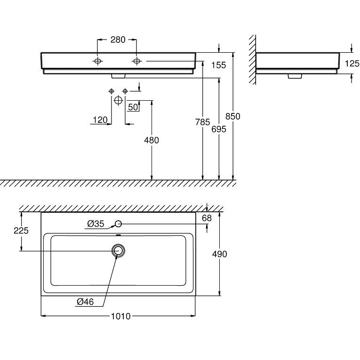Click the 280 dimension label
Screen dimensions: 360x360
[118, 40]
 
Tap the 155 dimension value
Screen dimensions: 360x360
[218, 65]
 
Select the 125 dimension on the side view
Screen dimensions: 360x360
[352, 64]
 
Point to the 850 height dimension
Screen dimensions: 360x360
[233, 116]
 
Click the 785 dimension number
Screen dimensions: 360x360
[202, 122]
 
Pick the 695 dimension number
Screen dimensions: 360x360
[219, 129]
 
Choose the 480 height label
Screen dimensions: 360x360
[152, 140]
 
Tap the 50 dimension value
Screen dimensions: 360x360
[133, 107]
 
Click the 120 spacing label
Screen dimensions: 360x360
[100, 120]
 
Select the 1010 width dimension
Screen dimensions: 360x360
[121, 316]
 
